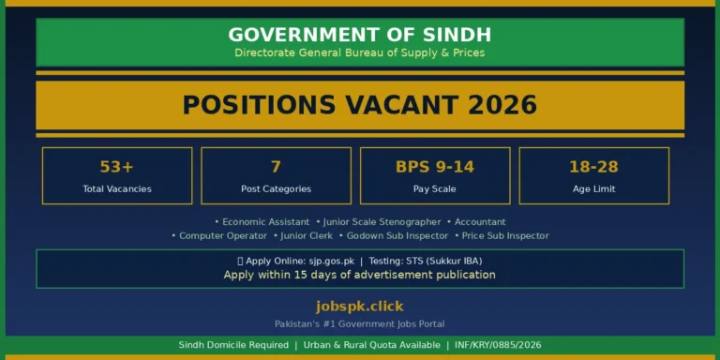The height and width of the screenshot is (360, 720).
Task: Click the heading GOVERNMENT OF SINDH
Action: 360,35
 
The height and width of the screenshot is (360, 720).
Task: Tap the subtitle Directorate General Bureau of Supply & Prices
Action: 360,53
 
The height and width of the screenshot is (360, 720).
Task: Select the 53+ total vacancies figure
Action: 117,167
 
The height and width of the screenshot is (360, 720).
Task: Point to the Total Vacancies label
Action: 117,188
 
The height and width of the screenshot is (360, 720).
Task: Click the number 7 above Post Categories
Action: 276,167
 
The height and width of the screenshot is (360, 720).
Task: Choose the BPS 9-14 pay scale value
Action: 435,167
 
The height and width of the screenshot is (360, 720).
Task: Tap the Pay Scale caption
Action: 435,188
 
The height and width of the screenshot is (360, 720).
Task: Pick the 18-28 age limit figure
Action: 593,167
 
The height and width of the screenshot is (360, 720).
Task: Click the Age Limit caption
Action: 593,188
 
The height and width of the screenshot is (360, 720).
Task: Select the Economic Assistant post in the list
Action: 265,222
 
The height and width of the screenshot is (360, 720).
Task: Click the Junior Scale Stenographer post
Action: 382,222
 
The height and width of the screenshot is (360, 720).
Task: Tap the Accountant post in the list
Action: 480,222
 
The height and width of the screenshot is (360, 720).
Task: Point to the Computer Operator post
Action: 223,236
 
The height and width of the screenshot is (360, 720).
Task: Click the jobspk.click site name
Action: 360,307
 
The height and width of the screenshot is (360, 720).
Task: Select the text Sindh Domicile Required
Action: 233,345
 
